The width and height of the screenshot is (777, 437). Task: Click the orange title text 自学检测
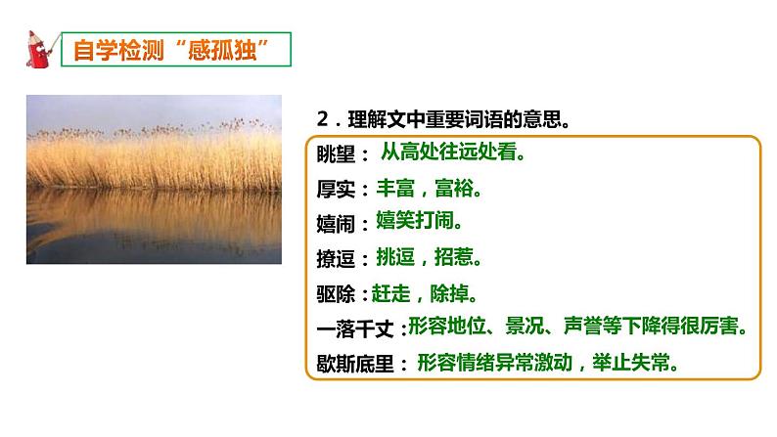point(118,50)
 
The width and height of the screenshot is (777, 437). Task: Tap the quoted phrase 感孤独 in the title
point(222,50)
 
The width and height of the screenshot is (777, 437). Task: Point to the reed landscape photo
point(154,179)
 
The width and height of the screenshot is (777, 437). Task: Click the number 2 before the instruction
point(323,118)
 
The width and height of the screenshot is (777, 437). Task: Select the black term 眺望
point(336,153)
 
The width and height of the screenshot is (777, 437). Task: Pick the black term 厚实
point(336,190)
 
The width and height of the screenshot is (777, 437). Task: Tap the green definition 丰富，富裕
point(429,188)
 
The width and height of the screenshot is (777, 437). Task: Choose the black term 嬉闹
point(336,224)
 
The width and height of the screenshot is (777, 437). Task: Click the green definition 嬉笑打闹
point(419,220)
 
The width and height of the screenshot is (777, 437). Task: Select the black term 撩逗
point(336,259)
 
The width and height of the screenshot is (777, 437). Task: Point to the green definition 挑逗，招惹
point(429,257)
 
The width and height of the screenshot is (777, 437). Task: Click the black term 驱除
point(336,294)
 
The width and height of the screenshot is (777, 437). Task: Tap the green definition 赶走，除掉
point(425,293)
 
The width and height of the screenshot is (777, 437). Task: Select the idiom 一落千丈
point(355,329)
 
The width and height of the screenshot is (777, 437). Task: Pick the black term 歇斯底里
point(355,365)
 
